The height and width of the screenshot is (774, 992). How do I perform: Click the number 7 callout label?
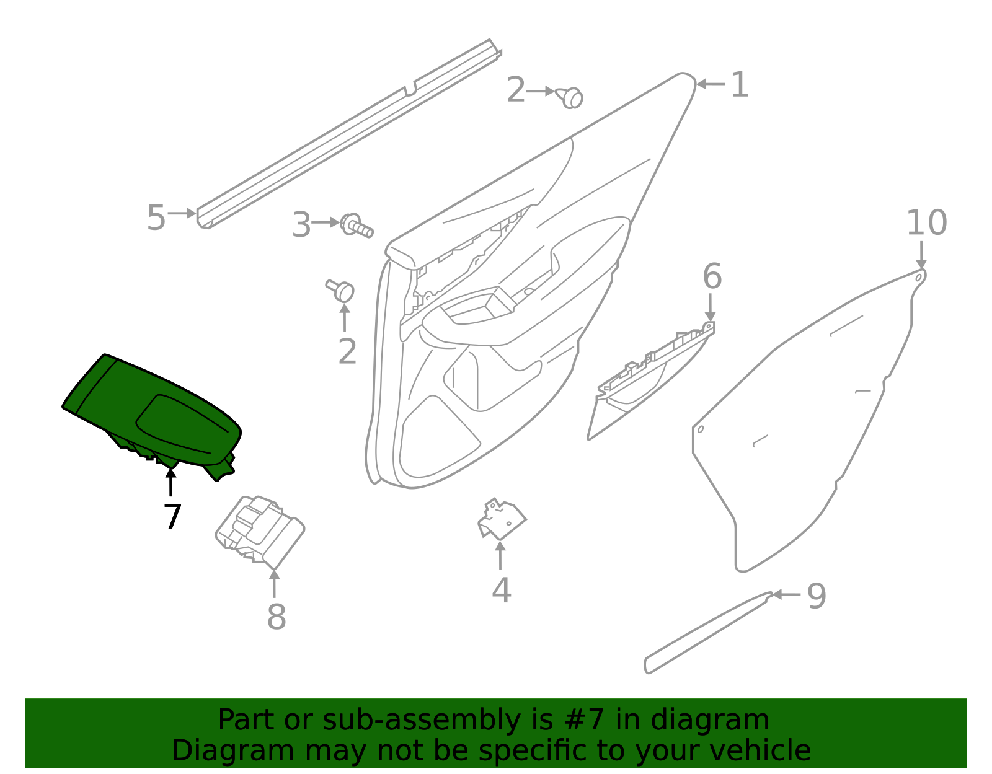172,517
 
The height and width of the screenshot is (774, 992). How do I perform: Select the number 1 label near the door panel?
739,85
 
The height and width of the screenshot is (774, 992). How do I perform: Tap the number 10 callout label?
926,223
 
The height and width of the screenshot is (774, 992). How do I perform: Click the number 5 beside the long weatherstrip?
156,218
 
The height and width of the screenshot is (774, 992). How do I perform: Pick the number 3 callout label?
301,225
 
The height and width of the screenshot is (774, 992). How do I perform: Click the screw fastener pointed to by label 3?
357,226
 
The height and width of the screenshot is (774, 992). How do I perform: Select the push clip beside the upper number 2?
570,97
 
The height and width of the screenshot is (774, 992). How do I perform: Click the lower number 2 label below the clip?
347,351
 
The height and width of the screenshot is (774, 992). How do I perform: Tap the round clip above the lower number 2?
342,290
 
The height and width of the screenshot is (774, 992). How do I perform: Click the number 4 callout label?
501,590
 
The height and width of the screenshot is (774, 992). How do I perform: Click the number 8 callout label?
277,617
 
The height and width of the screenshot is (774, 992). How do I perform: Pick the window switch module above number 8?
260,530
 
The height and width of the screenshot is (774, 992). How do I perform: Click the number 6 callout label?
712,276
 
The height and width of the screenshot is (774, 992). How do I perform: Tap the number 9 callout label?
816,596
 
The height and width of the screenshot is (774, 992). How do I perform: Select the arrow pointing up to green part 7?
170,482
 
